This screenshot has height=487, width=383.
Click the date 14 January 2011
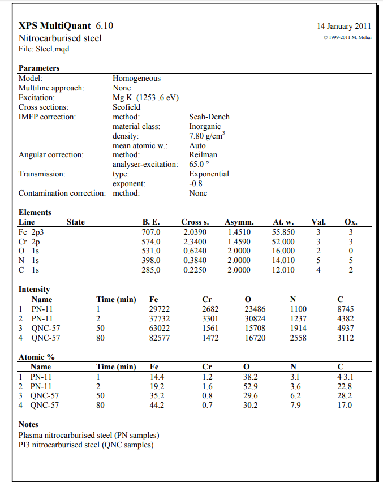pos(344,26)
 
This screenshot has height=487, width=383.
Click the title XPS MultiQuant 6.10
pos(66,26)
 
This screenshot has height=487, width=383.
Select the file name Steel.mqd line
pos(44,49)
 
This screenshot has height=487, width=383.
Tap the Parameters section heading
pos(39,68)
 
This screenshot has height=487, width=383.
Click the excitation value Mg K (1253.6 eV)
pos(145,97)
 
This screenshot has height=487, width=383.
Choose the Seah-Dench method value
pos(209,117)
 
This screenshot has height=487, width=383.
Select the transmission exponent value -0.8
pos(196,183)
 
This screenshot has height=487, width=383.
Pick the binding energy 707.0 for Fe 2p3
pos(151,232)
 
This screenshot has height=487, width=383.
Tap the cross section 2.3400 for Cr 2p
pos(195,242)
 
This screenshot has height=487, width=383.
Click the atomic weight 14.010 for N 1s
pos(283,260)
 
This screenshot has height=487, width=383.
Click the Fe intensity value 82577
pos(160,338)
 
